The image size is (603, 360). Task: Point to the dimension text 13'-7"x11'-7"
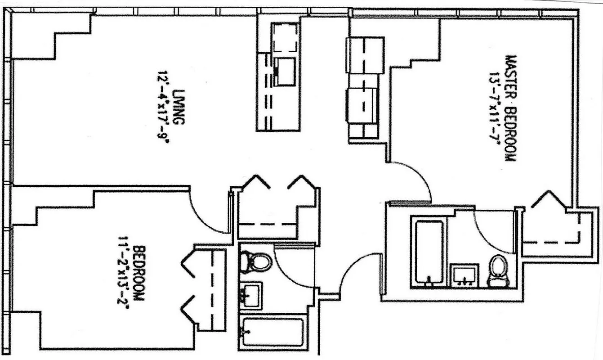497,108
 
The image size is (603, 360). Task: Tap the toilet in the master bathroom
497,270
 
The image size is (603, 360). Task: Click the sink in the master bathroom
464,275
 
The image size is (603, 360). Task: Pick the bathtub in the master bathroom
428,252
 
